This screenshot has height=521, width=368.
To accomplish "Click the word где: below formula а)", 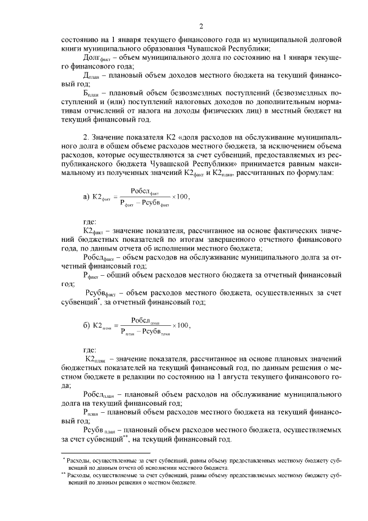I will coord(90,221).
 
